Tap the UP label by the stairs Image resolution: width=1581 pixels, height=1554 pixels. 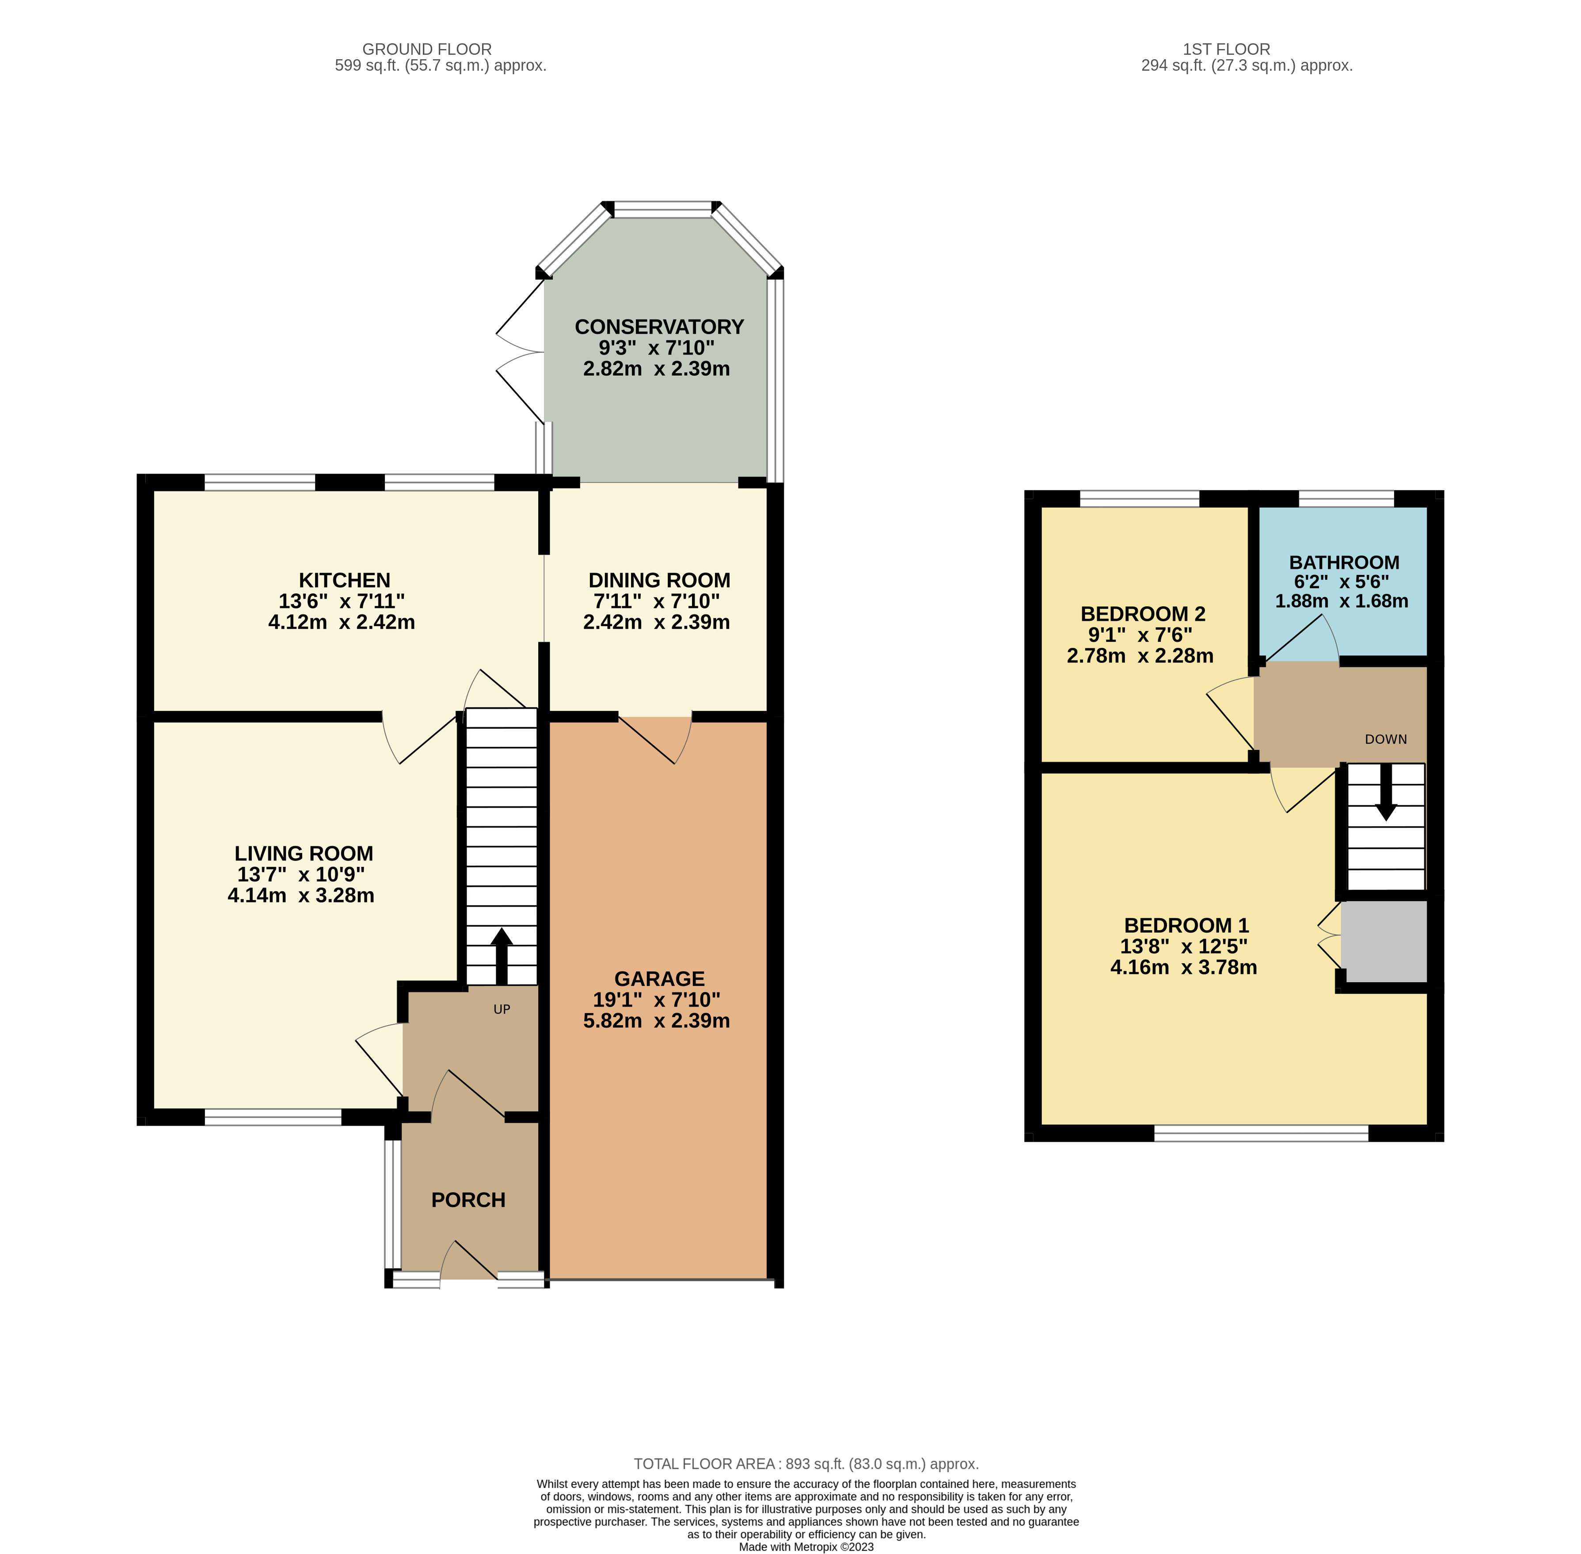(501, 1010)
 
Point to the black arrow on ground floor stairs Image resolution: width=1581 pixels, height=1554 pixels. (501, 957)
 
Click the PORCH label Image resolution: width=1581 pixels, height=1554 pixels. (467, 1200)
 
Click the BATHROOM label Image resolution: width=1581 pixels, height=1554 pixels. (1343, 562)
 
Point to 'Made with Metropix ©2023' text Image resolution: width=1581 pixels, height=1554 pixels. (806, 1546)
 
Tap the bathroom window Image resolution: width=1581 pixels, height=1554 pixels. (1345, 498)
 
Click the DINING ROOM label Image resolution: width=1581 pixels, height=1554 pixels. (659, 580)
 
